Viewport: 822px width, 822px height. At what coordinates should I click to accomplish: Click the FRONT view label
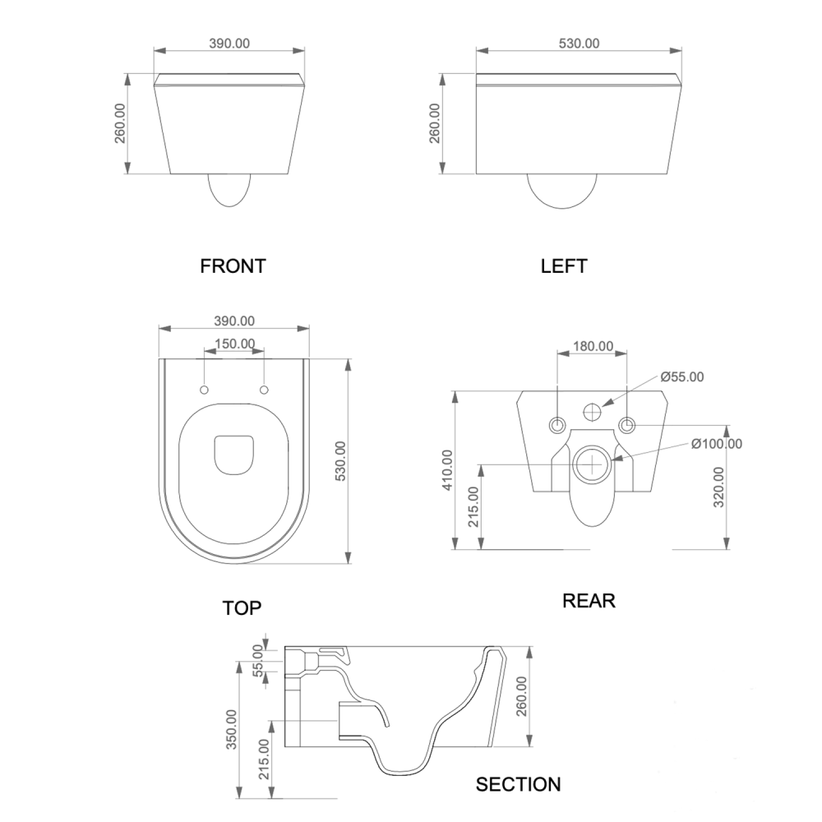click(233, 266)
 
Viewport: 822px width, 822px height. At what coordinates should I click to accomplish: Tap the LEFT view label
click(564, 266)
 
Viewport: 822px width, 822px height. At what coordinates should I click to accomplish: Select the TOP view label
click(242, 608)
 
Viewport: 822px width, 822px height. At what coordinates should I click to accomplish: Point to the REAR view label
click(589, 601)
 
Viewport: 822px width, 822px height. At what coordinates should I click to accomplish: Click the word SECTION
click(519, 784)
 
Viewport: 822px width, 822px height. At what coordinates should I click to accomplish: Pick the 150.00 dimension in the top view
click(235, 344)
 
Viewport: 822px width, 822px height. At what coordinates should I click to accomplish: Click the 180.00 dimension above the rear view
click(593, 347)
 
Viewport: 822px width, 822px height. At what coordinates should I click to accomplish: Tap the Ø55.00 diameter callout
click(682, 377)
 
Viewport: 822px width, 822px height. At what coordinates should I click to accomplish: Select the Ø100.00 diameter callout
click(716, 444)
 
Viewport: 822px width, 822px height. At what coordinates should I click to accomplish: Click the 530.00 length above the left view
click(580, 44)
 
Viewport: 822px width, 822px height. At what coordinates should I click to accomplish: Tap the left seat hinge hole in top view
click(205, 389)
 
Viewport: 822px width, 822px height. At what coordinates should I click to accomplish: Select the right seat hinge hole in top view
click(265, 389)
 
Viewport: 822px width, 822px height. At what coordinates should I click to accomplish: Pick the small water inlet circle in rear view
click(593, 411)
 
